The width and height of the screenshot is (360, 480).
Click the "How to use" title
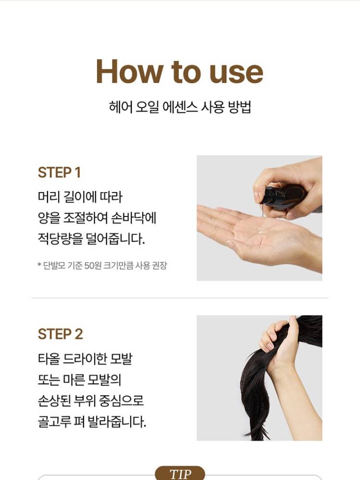tap(180, 72)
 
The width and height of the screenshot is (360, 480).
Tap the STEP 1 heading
tap(60, 172)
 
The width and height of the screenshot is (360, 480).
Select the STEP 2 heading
tap(60, 334)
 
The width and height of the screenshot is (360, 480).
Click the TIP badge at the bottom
tap(180, 473)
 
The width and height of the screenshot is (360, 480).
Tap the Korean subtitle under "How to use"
tap(180, 107)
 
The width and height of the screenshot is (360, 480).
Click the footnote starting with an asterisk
tap(102, 265)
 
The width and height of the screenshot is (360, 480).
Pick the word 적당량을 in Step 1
tap(60, 239)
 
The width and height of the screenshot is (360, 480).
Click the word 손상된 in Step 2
tap(54, 400)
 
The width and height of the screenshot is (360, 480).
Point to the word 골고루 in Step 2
tap(54, 421)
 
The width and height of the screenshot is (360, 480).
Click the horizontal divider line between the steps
tap(180, 298)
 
